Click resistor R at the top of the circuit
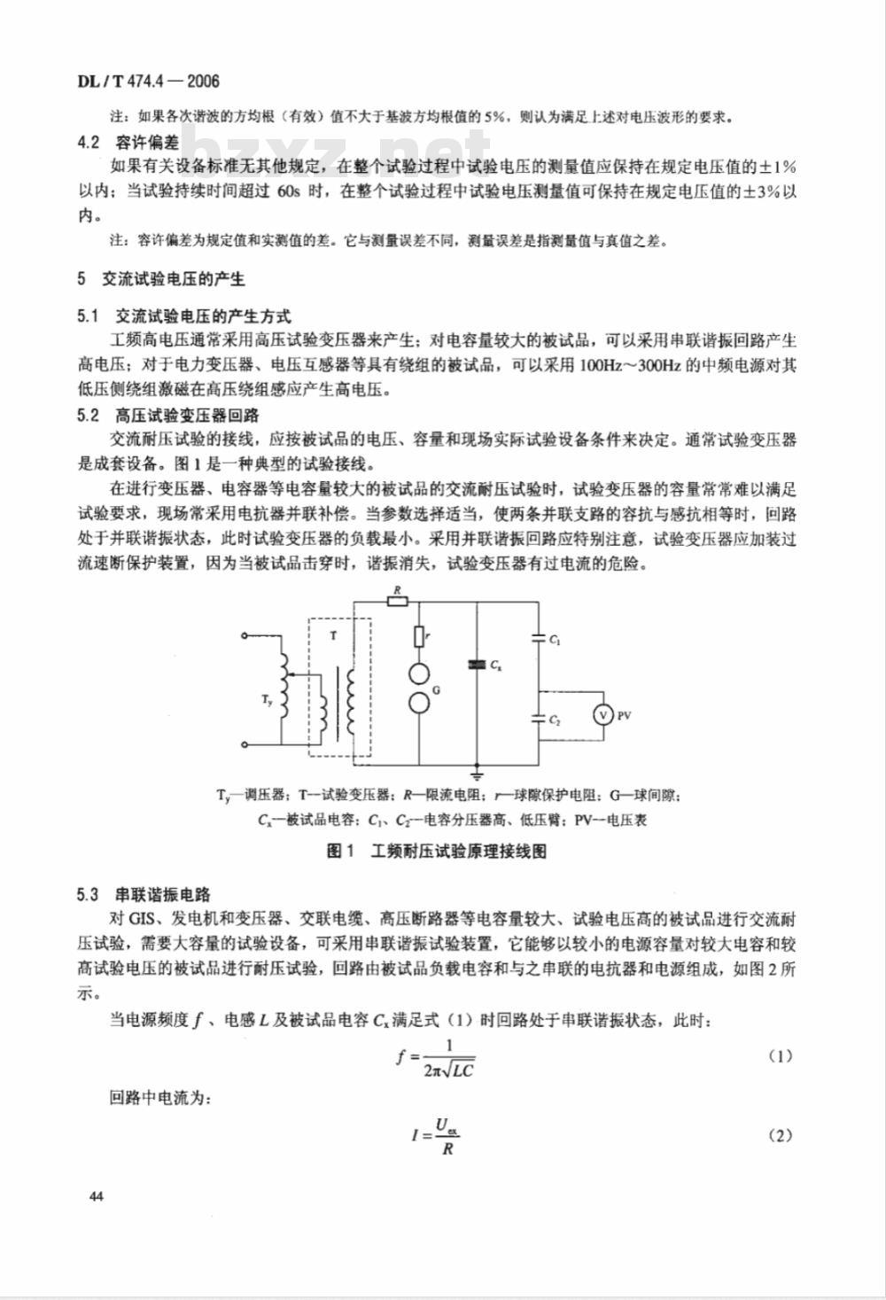(396, 602)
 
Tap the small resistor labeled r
(417, 636)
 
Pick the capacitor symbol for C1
(539, 636)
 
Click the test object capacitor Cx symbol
(478, 663)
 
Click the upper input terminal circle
(245, 635)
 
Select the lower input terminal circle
(245, 745)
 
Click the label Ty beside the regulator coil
(268, 701)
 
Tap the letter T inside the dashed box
(333, 635)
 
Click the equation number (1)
(779, 1056)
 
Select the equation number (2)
(779, 1136)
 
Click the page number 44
(97, 1197)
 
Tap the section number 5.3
(88, 894)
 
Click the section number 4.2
(88, 142)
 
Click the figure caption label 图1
(340, 851)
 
